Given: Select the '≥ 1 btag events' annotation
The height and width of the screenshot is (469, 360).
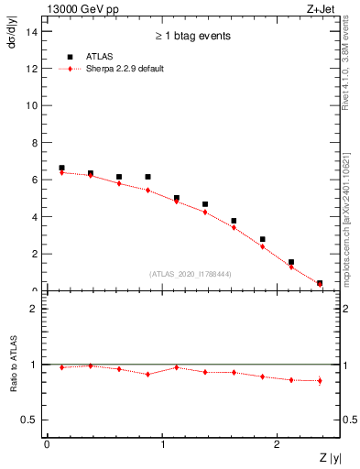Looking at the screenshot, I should pyautogui.click(x=192, y=37).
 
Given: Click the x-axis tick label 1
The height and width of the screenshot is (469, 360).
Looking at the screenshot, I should pyautogui.click(x=162, y=444).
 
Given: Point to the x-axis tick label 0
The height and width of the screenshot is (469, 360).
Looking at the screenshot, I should pyautogui.click(x=47, y=444).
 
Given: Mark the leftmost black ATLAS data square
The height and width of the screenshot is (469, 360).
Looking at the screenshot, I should pyautogui.click(x=61, y=168).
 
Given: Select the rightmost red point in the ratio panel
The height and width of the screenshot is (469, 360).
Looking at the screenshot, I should pyautogui.click(x=319, y=380).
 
